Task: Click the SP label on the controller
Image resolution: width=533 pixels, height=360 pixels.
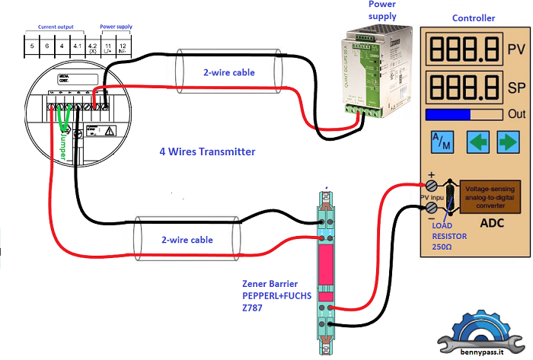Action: [x=515, y=88]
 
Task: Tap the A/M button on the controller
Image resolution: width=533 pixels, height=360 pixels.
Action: [x=441, y=142]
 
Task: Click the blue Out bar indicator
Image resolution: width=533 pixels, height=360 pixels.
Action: [x=448, y=114]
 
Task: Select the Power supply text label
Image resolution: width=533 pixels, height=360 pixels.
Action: [x=382, y=10]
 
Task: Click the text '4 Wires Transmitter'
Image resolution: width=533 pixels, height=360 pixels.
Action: [x=207, y=151]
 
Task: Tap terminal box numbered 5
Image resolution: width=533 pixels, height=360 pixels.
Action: [x=32, y=47]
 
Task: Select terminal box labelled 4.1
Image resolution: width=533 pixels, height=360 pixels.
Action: [x=77, y=47]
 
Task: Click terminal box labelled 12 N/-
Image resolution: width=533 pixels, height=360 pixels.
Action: [x=123, y=47]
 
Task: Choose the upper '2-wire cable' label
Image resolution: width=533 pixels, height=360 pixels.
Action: [x=228, y=73]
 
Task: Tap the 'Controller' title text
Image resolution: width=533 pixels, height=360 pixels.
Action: [x=474, y=18]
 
